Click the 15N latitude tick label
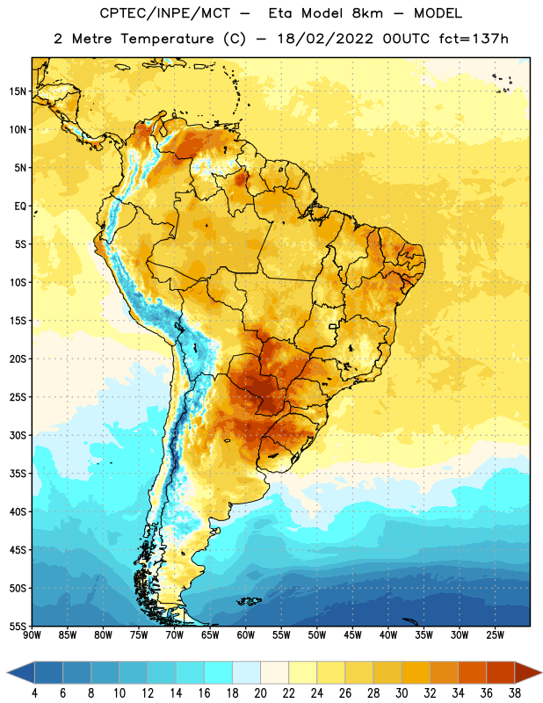pos(18,91)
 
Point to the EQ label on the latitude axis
pos(20,207)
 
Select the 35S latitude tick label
pos(18,474)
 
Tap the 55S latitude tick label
pos(18,626)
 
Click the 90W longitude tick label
pos(32,635)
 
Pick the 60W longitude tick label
pos(245,635)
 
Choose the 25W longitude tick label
pos(495,635)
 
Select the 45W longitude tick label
pos(352,635)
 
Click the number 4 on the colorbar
pos(34,693)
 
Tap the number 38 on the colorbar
pos(514,693)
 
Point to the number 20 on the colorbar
pos(260,693)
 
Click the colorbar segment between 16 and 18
pos(218,672)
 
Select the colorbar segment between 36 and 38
pos(501,672)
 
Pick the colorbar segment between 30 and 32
pos(416,672)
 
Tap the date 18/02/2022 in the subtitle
pos(325,39)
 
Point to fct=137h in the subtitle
pos(474,39)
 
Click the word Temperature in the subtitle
pos(167,39)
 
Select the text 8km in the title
pos(367,13)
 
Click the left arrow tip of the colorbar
pos(7,672)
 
